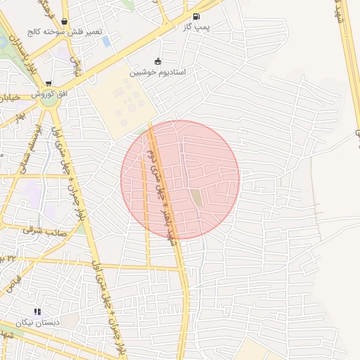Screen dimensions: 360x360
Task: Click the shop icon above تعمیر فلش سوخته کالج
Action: click(65, 22)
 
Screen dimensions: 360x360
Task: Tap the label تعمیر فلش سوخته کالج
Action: click(66, 32)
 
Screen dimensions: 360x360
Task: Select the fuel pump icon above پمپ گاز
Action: click(195, 16)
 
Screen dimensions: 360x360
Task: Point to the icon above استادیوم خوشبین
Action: click(157, 61)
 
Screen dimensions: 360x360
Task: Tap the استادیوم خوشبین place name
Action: click(157, 72)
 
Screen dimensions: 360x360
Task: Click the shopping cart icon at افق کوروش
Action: click(48, 84)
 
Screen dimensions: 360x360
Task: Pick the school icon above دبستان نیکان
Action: click(37, 311)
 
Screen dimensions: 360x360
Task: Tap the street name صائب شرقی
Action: click(43, 229)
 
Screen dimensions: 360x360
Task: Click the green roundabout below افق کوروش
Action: click(49, 101)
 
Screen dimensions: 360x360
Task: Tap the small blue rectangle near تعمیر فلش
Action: click(106, 41)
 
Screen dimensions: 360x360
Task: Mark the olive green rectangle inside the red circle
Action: click(197, 198)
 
